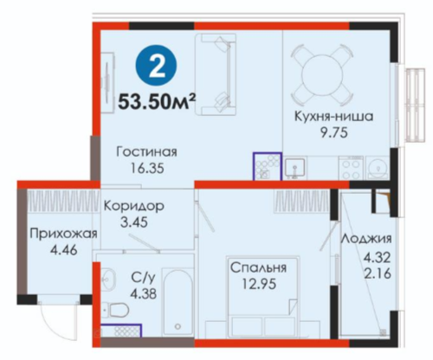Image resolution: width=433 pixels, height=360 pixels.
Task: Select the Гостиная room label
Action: (x=146, y=151)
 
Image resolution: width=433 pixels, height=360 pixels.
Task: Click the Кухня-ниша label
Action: (x=333, y=117)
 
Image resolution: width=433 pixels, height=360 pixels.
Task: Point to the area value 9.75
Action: (x=333, y=133)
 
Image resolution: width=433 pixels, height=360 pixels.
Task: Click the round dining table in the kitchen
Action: (x=322, y=74)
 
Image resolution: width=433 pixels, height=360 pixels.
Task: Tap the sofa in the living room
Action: (x=216, y=74)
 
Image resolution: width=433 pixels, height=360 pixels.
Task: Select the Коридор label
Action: (x=134, y=207)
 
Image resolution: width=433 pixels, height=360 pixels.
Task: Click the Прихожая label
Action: (x=63, y=234)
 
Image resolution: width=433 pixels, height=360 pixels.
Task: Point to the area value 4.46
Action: (x=63, y=250)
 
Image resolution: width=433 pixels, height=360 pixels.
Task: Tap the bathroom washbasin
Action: (x=108, y=279)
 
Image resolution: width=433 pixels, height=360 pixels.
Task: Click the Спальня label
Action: (x=258, y=268)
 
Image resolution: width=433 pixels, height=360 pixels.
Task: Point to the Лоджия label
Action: (x=366, y=239)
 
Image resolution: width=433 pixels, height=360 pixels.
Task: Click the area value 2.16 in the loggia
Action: (x=377, y=273)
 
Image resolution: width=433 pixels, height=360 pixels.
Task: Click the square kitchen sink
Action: (x=294, y=168)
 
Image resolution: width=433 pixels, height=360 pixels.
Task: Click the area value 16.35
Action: (x=147, y=169)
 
